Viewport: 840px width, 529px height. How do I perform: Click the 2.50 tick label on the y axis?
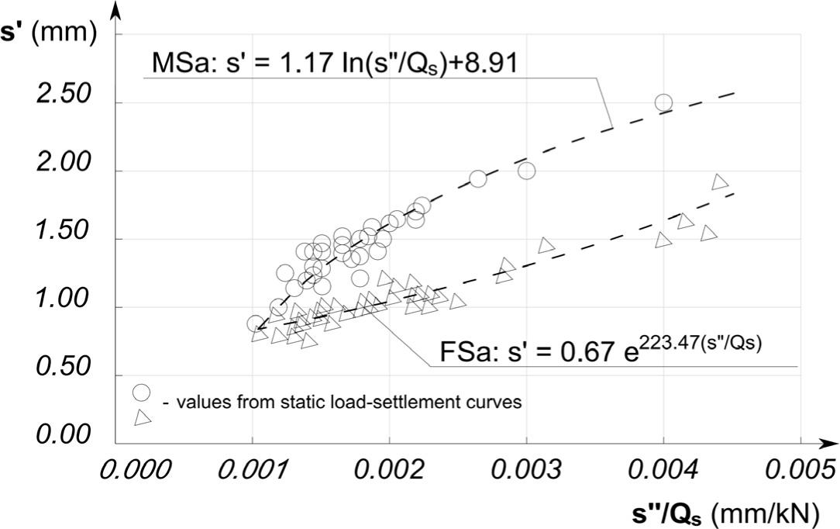[x=64, y=95]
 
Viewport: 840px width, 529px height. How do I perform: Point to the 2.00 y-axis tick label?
[x=64, y=164]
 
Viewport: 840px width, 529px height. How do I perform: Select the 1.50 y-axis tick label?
[x=64, y=232]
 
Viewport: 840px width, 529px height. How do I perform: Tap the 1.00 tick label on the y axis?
[x=64, y=300]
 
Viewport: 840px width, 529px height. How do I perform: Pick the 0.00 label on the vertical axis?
[x=64, y=435]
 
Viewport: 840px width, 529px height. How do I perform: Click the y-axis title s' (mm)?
[x=47, y=35]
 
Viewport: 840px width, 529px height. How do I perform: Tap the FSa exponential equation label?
[x=601, y=351]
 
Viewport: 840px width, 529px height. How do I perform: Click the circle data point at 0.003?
[x=527, y=171]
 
